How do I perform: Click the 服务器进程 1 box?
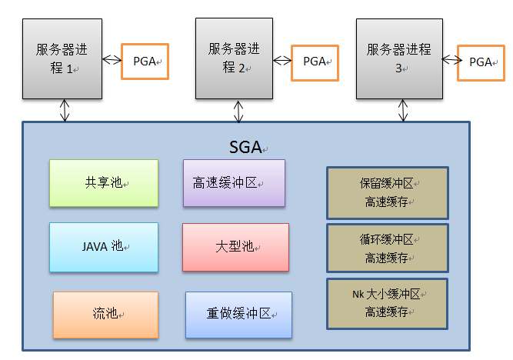point(62,58)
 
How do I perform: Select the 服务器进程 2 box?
point(234,58)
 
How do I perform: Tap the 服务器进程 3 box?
point(401,58)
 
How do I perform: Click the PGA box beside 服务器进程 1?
point(145,60)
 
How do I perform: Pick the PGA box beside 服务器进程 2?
point(315,61)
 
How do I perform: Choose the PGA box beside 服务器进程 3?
point(481,62)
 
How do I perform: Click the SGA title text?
point(245,145)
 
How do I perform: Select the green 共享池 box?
point(104,183)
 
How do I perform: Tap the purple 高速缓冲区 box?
point(234,183)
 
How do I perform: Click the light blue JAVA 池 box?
point(104,247)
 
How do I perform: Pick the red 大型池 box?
point(235,247)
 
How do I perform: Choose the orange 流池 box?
point(105,314)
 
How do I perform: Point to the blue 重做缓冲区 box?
point(238,314)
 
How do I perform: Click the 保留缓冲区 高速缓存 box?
point(388,192)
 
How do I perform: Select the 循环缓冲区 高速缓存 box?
point(388,248)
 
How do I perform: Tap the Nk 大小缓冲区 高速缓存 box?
point(388,303)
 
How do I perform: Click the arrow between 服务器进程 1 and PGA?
point(112,59)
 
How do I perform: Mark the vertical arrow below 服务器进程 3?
point(401,111)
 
